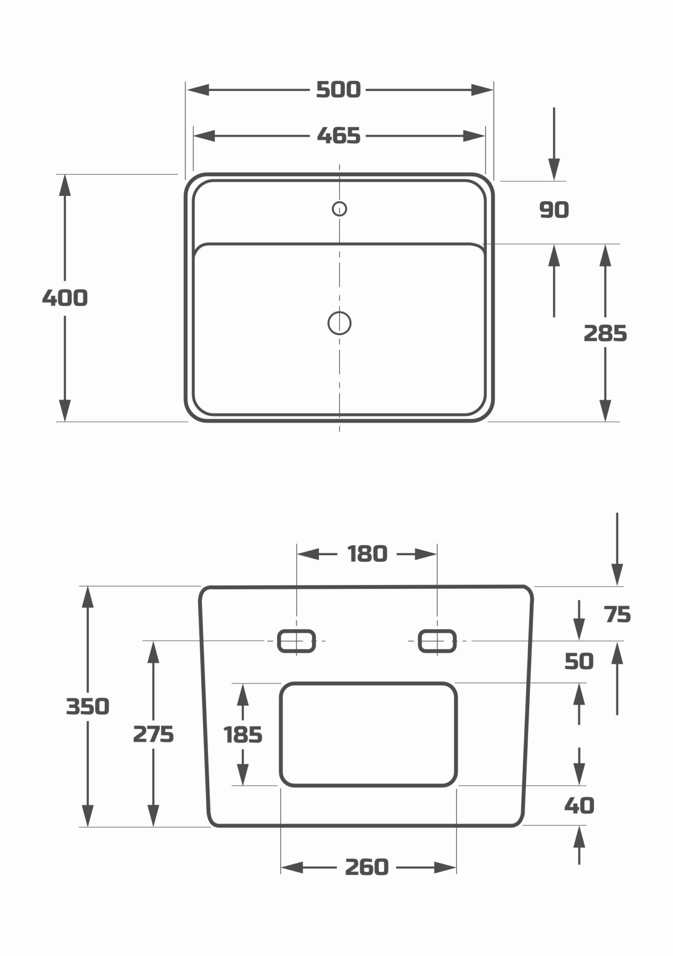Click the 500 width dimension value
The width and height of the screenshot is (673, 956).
coord(338,90)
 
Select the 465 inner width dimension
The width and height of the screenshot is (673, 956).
coord(338,135)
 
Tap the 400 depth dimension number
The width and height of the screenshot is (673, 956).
coord(65,298)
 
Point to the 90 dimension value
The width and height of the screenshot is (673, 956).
coord(554,210)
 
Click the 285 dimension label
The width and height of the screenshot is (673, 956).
coord(605,334)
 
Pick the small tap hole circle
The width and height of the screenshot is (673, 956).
coord(339,209)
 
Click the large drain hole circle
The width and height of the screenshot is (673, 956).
coord(339,323)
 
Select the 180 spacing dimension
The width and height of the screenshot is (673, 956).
coord(367,554)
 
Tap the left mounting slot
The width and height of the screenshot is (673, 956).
coord(297,641)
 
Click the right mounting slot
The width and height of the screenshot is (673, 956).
coord(438,641)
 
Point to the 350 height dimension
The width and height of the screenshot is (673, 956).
coord(88,707)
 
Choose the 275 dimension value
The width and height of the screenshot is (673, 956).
coord(153,734)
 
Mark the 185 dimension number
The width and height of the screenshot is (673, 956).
coord(243,735)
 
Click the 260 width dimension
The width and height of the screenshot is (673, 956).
coord(367,867)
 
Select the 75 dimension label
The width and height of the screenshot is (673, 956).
coord(618,615)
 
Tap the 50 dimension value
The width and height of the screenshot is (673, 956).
coord(579,662)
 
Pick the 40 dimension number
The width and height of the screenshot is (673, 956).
coord(579,806)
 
